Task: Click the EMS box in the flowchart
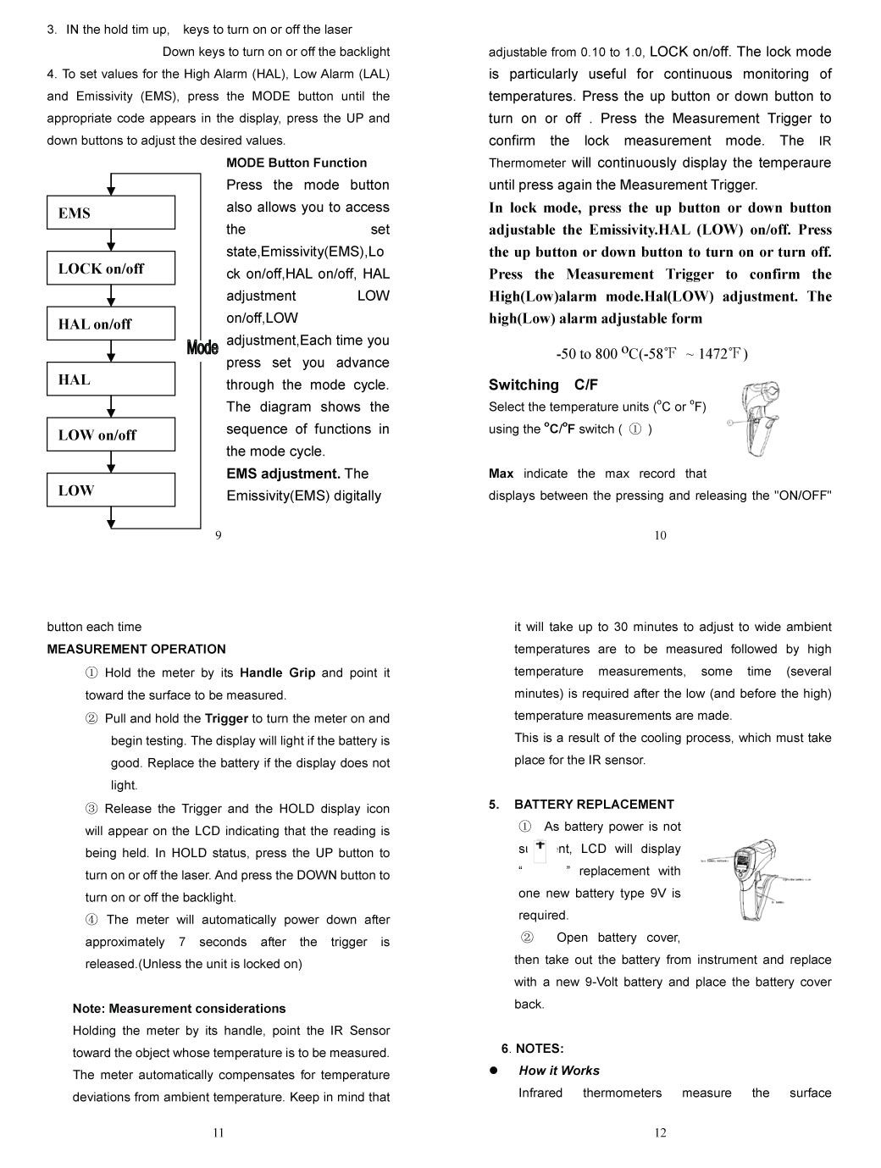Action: click(110, 213)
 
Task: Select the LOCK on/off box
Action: click(110, 268)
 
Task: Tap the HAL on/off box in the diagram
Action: click(110, 324)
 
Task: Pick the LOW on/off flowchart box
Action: click(110, 435)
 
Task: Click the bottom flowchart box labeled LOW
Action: click(110, 490)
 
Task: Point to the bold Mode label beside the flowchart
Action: click(202, 347)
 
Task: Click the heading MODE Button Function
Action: click(296, 163)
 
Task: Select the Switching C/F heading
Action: click(543, 385)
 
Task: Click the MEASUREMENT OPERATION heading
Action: click(136, 649)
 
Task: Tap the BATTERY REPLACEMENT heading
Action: click(593, 804)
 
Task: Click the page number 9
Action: click(219, 534)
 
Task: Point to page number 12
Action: click(661, 1132)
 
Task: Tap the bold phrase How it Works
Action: click(558, 1070)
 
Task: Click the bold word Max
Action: click(501, 473)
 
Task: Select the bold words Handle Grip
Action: click(277, 673)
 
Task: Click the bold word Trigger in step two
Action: click(226, 718)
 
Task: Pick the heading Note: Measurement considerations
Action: click(179, 1008)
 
